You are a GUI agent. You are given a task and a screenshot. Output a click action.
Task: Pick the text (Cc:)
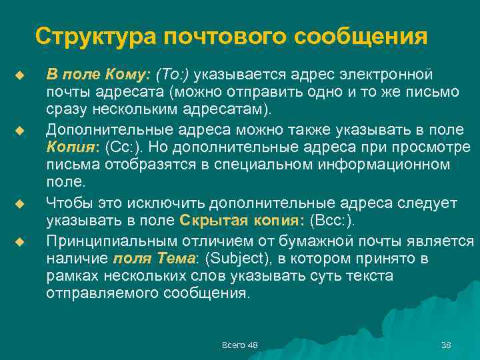125,145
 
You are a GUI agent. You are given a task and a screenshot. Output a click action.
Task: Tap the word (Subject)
242,257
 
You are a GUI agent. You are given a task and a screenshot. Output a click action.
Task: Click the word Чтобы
67,201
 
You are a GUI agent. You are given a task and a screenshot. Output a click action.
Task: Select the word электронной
389,72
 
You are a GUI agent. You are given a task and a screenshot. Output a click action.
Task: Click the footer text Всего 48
239,344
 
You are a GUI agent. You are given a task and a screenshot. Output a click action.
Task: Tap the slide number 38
446,344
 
